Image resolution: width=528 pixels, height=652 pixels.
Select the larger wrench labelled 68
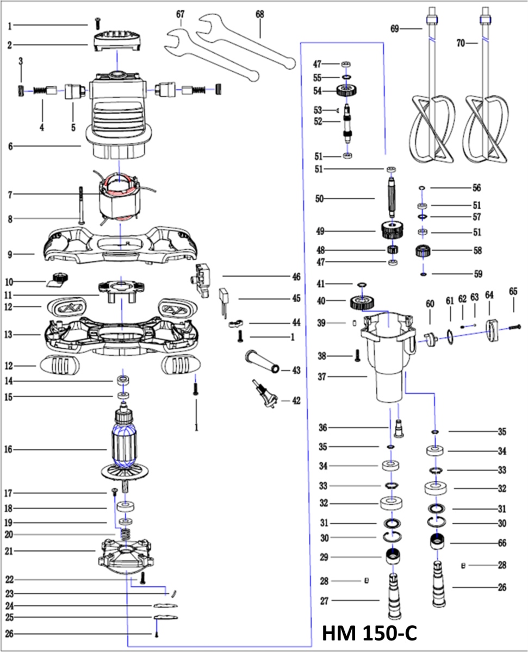(x=245, y=43)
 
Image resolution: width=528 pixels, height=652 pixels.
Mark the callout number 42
(x=296, y=401)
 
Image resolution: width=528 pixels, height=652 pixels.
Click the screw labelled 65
(x=514, y=327)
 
